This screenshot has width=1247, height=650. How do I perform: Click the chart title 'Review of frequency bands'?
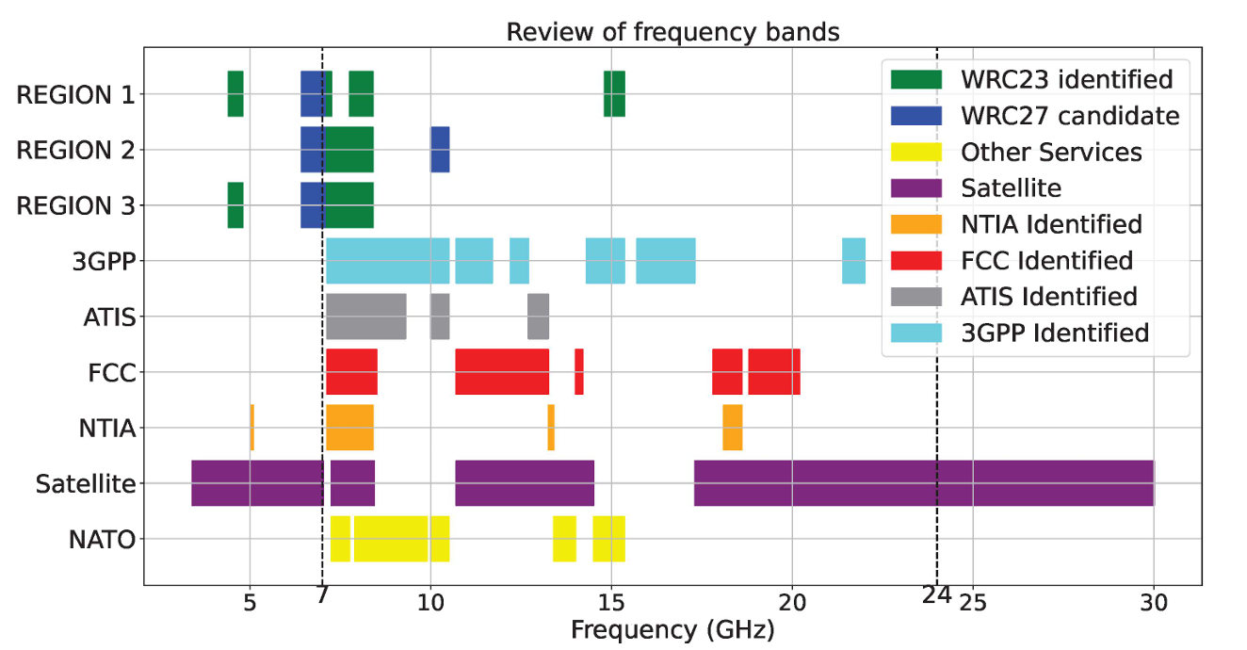tap(672, 32)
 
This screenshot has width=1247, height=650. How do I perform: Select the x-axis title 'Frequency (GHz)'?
tap(672, 628)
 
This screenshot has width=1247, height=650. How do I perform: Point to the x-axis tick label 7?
tap(322, 595)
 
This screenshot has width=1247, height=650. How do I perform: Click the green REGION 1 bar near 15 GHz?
tap(614, 94)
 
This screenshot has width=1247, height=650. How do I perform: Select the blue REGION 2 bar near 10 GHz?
tap(440, 150)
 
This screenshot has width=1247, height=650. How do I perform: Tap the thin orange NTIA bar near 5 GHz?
tap(251, 428)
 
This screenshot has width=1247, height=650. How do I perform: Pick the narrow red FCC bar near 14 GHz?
tap(579, 372)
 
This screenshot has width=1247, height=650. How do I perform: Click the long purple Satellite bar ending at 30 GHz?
tap(923, 483)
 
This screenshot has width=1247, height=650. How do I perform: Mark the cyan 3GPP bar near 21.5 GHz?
tap(853, 261)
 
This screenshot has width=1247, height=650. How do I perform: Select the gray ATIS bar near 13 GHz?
tap(538, 317)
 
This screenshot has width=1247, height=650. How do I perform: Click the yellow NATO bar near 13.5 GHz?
tap(564, 539)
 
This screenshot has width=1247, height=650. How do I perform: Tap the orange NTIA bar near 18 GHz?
tap(733, 428)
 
